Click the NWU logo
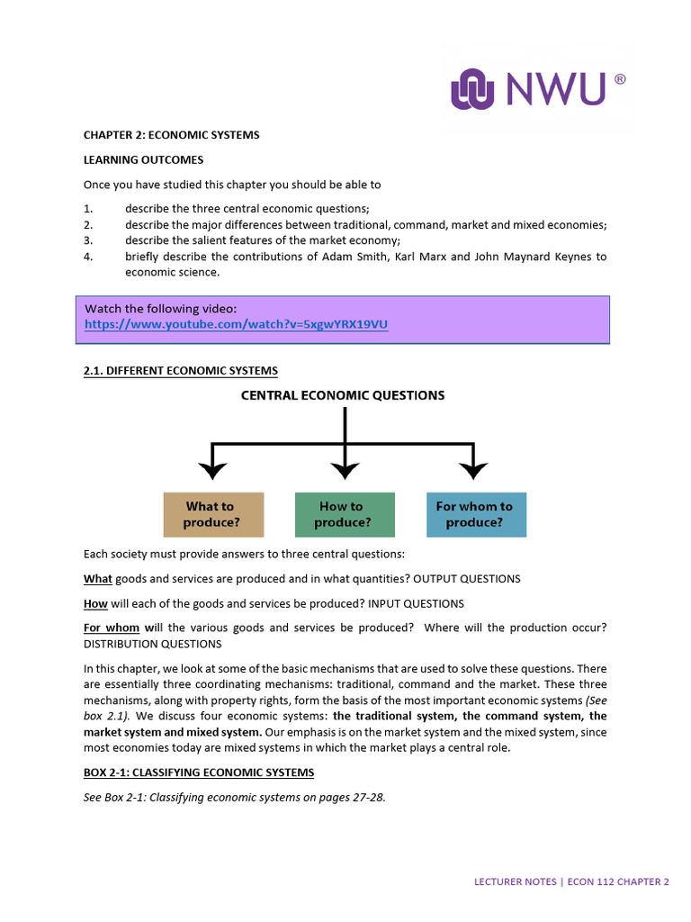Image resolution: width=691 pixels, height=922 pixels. tap(537, 90)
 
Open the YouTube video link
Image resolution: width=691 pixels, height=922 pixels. tap(237, 324)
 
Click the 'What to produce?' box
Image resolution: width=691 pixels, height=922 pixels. tap(213, 514)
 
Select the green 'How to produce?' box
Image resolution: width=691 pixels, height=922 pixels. tap(345, 514)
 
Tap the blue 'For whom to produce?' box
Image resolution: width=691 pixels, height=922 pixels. tap(475, 514)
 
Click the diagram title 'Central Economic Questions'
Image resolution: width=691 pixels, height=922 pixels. tap(343, 395)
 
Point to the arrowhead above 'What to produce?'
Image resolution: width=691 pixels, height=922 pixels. tap(212, 469)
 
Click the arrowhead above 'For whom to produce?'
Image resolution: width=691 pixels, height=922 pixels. tap(473, 469)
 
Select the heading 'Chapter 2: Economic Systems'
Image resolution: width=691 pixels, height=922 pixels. tap(171, 135)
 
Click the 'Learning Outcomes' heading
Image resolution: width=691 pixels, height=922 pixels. tap(144, 159)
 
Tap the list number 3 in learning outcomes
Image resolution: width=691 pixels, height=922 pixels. tap(88, 240)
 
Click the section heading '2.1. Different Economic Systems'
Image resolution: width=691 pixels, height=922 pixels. tap(180, 371)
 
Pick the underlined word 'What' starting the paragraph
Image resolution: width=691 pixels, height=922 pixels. tap(97, 579)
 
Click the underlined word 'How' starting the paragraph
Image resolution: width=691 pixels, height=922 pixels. tap(95, 603)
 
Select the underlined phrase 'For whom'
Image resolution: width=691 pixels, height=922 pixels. tap(112, 628)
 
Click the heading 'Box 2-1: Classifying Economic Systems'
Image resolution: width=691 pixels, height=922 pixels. tap(198, 773)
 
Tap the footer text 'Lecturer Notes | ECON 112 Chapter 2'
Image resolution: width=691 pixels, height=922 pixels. tap(571, 882)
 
